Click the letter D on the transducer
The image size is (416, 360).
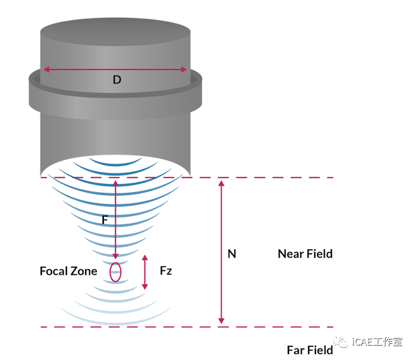point(117,80)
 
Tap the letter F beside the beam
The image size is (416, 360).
point(105,220)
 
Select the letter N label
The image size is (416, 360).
point(232,254)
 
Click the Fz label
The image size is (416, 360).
point(166,271)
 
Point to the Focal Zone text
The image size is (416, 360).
point(69,271)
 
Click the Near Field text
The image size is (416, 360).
point(305,254)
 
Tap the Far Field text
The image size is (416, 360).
point(309,350)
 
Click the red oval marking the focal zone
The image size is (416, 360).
point(115,272)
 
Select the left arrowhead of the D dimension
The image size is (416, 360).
point(46,69)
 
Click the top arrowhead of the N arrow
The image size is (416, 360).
point(222,183)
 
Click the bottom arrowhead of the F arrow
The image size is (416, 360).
point(115,256)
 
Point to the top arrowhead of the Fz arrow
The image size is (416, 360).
point(145,258)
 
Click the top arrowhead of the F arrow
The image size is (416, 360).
point(115,182)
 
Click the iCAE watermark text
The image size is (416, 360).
point(377,343)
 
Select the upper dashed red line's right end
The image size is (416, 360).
point(331,178)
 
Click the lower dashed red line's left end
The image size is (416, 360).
point(43,327)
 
